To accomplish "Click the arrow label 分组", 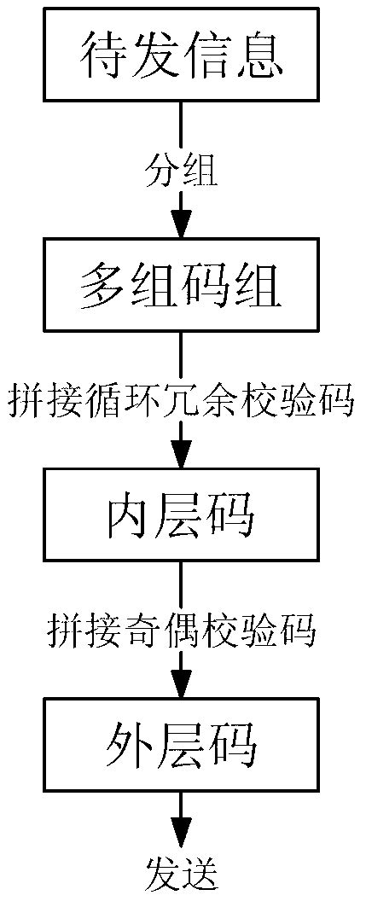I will pyautogui.click(x=181, y=171).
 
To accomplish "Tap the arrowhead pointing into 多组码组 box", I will pyautogui.click(x=181, y=227).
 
